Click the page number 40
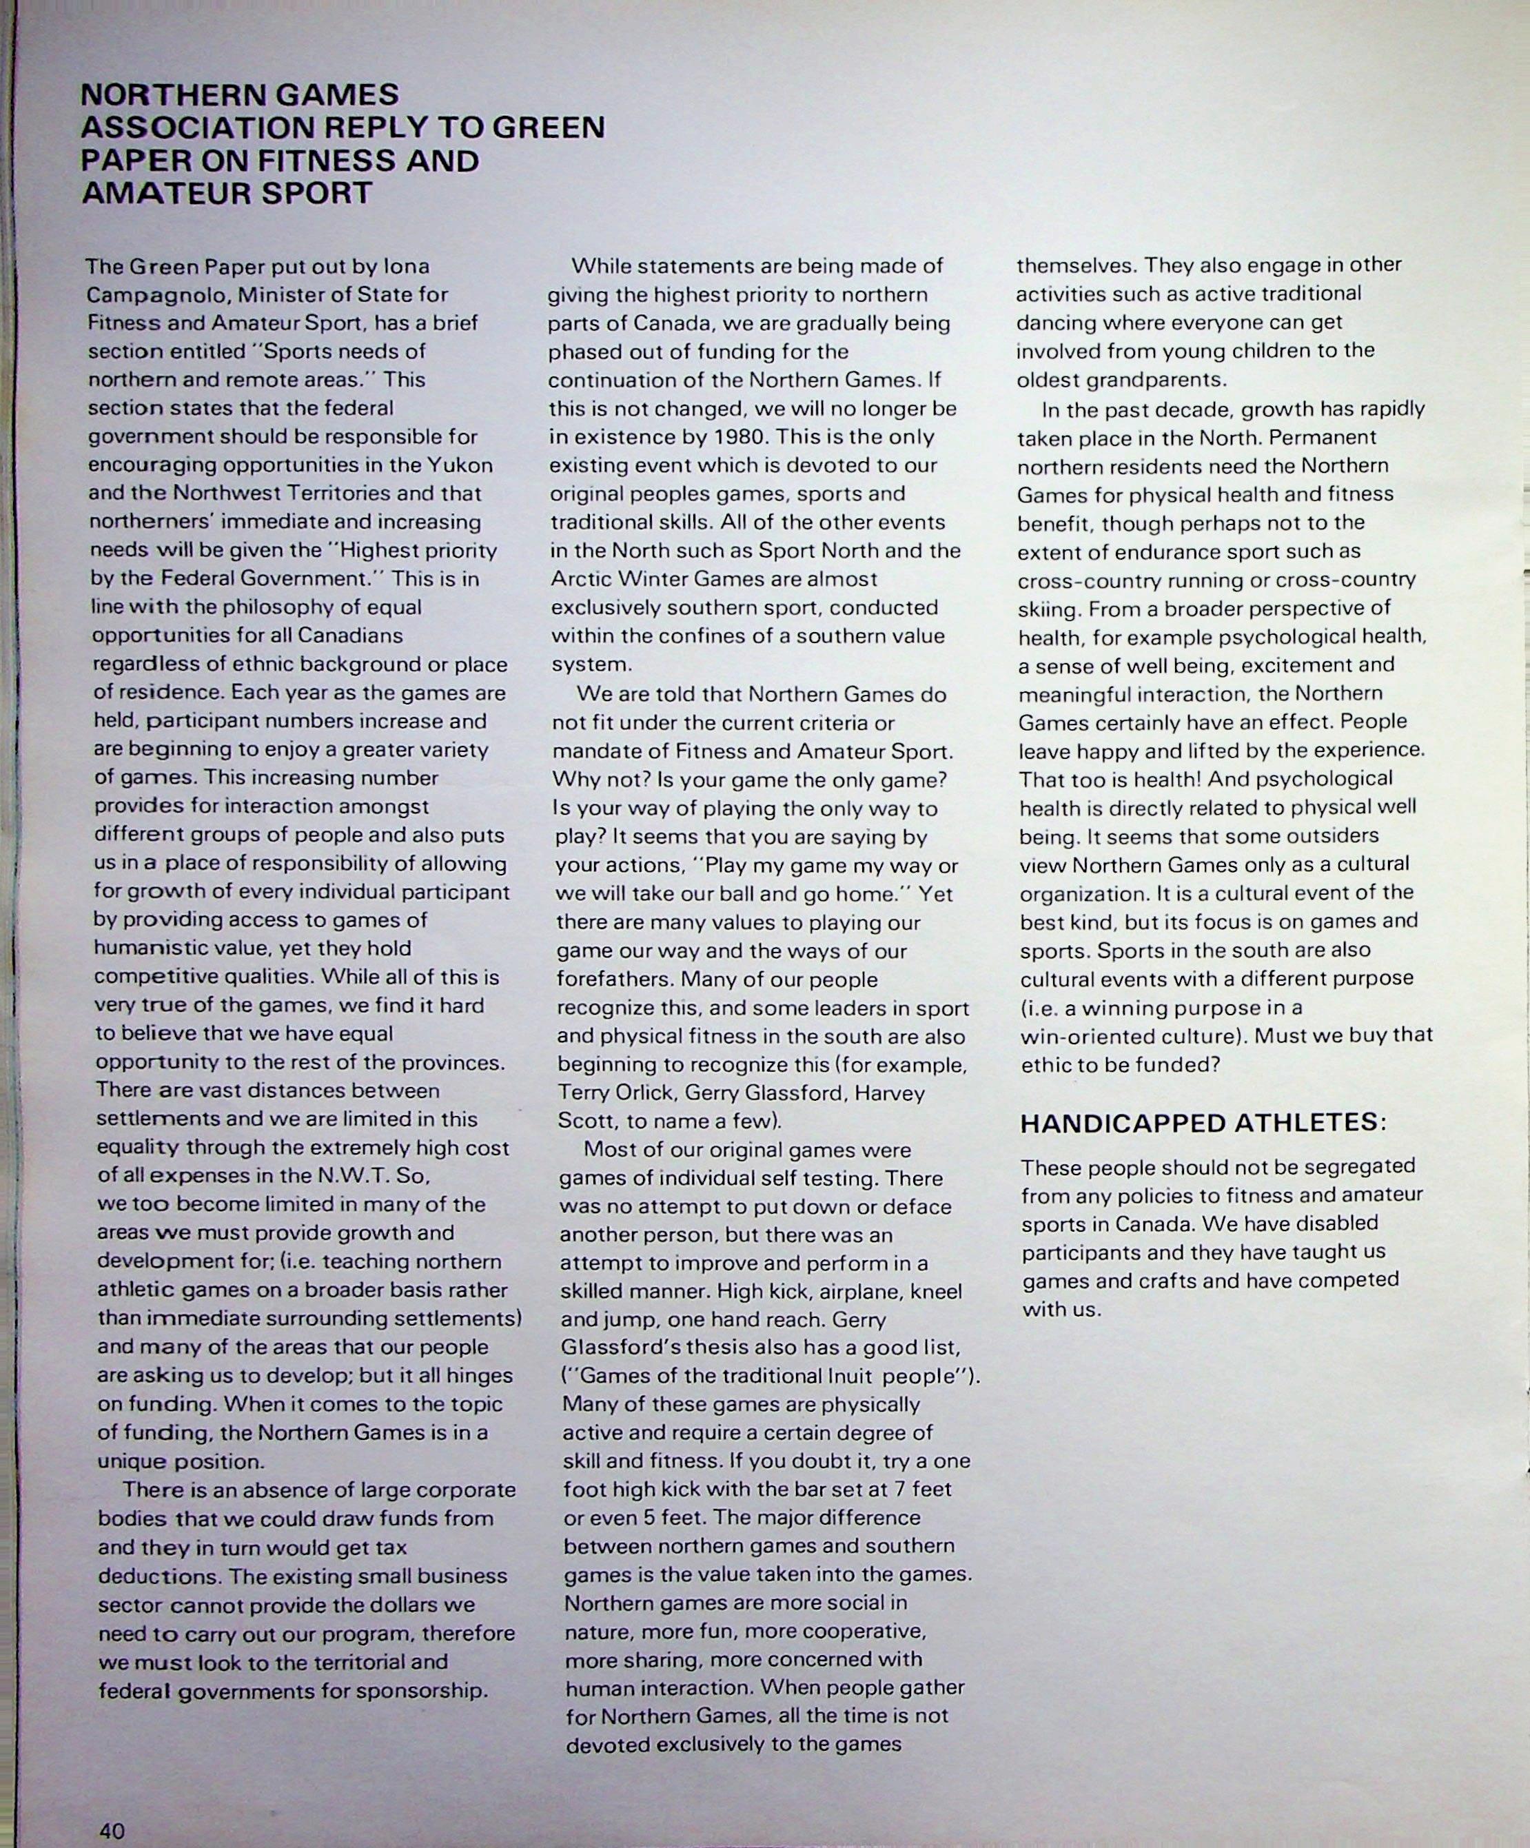[x=112, y=1830]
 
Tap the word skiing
[x=1047, y=609]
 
